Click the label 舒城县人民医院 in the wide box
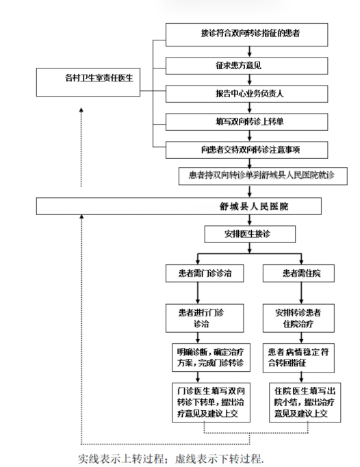(254, 206)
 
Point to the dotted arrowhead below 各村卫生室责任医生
(81, 110)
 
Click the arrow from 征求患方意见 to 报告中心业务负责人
(250, 80)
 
